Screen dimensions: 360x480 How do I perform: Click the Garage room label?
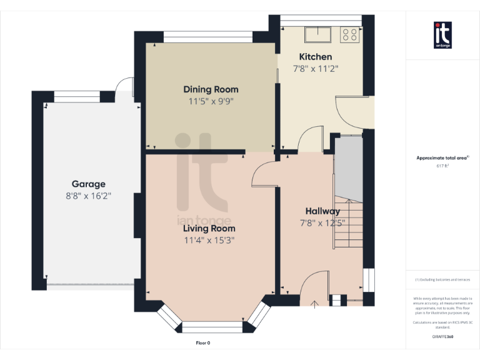(88, 184)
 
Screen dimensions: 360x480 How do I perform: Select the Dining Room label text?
(211, 89)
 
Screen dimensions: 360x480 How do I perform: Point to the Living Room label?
(209, 229)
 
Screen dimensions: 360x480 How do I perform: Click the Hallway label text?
(322, 211)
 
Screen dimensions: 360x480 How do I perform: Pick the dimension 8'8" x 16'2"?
(88, 196)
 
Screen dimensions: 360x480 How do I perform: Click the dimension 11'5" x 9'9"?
(211, 101)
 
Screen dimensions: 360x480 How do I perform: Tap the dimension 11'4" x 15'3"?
(209, 240)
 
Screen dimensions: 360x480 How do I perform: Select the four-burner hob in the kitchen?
(350, 35)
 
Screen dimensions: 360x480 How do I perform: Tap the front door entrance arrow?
(314, 303)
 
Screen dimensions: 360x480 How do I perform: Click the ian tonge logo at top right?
(442, 35)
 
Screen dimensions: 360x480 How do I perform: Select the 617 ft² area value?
(442, 166)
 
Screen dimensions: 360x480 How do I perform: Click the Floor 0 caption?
(203, 342)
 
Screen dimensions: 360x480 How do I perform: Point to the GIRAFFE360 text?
(442, 337)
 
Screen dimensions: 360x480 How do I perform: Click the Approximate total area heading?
(442, 158)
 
